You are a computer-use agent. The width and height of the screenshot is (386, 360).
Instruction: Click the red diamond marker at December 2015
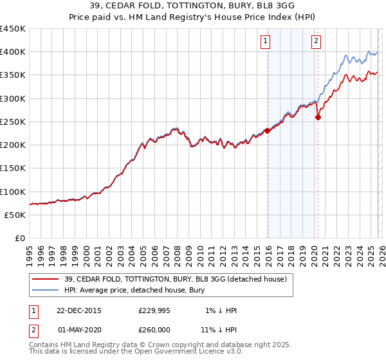point(267,131)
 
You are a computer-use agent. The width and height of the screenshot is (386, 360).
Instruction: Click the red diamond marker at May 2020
point(317,117)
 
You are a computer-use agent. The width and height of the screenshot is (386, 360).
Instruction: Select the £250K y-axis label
point(13,122)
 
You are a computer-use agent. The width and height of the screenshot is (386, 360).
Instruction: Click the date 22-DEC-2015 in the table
point(78,310)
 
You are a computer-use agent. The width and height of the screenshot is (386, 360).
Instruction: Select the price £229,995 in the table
point(154,310)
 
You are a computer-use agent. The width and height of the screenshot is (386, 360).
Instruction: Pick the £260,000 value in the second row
point(154,329)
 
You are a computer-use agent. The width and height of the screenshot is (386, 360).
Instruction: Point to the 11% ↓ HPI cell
point(219,329)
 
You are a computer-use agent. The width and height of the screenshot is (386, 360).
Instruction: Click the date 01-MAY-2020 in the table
point(78,329)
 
